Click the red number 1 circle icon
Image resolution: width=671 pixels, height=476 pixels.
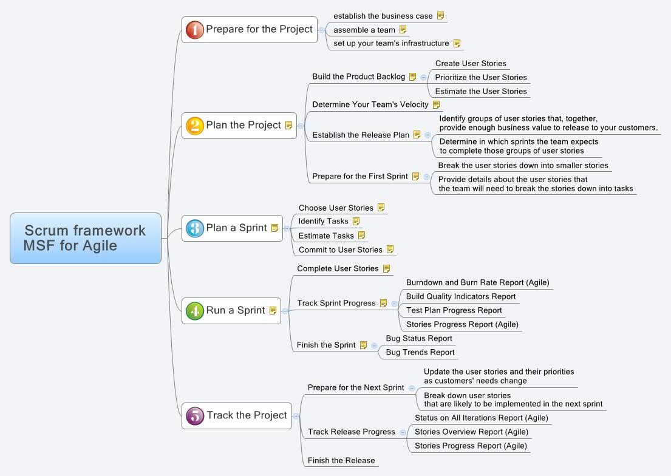[x=195, y=30]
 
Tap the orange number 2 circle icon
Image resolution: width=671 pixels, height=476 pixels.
[x=195, y=126]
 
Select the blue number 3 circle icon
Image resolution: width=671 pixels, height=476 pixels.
[x=195, y=228]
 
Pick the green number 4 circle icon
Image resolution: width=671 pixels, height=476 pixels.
[x=195, y=311]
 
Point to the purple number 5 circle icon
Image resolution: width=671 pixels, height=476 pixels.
[x=195, y=416]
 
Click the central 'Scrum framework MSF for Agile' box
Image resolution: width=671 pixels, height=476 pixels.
[x=86, y=238]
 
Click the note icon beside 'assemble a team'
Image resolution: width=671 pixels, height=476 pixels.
[x=403, y=30]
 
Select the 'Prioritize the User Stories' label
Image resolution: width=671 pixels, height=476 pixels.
[x=480, y=78]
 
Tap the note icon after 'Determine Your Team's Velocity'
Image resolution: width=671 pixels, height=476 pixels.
[x=436, y=104]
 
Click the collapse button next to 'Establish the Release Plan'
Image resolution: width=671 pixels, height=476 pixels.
[x=427, y=135]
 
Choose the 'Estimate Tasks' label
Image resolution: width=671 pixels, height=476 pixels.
[x=326, y=236]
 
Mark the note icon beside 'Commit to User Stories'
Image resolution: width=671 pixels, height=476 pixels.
[x=390, y=249]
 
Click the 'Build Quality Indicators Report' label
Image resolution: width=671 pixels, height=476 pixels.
[x=461, y=296]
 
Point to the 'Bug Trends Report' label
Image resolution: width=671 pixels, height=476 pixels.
[x=420, y=352]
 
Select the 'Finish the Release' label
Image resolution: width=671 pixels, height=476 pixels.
[x=341, y=461]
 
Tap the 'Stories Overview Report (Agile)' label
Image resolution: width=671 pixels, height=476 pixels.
[x=471, y=432]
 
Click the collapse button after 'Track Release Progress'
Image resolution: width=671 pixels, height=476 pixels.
[x=403, y=432]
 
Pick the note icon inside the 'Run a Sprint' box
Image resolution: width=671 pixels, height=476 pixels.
[x=273, y=311]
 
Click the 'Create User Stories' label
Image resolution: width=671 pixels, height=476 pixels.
[x=471, y=63]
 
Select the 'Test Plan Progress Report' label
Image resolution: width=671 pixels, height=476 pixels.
[x=454, y=310]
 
